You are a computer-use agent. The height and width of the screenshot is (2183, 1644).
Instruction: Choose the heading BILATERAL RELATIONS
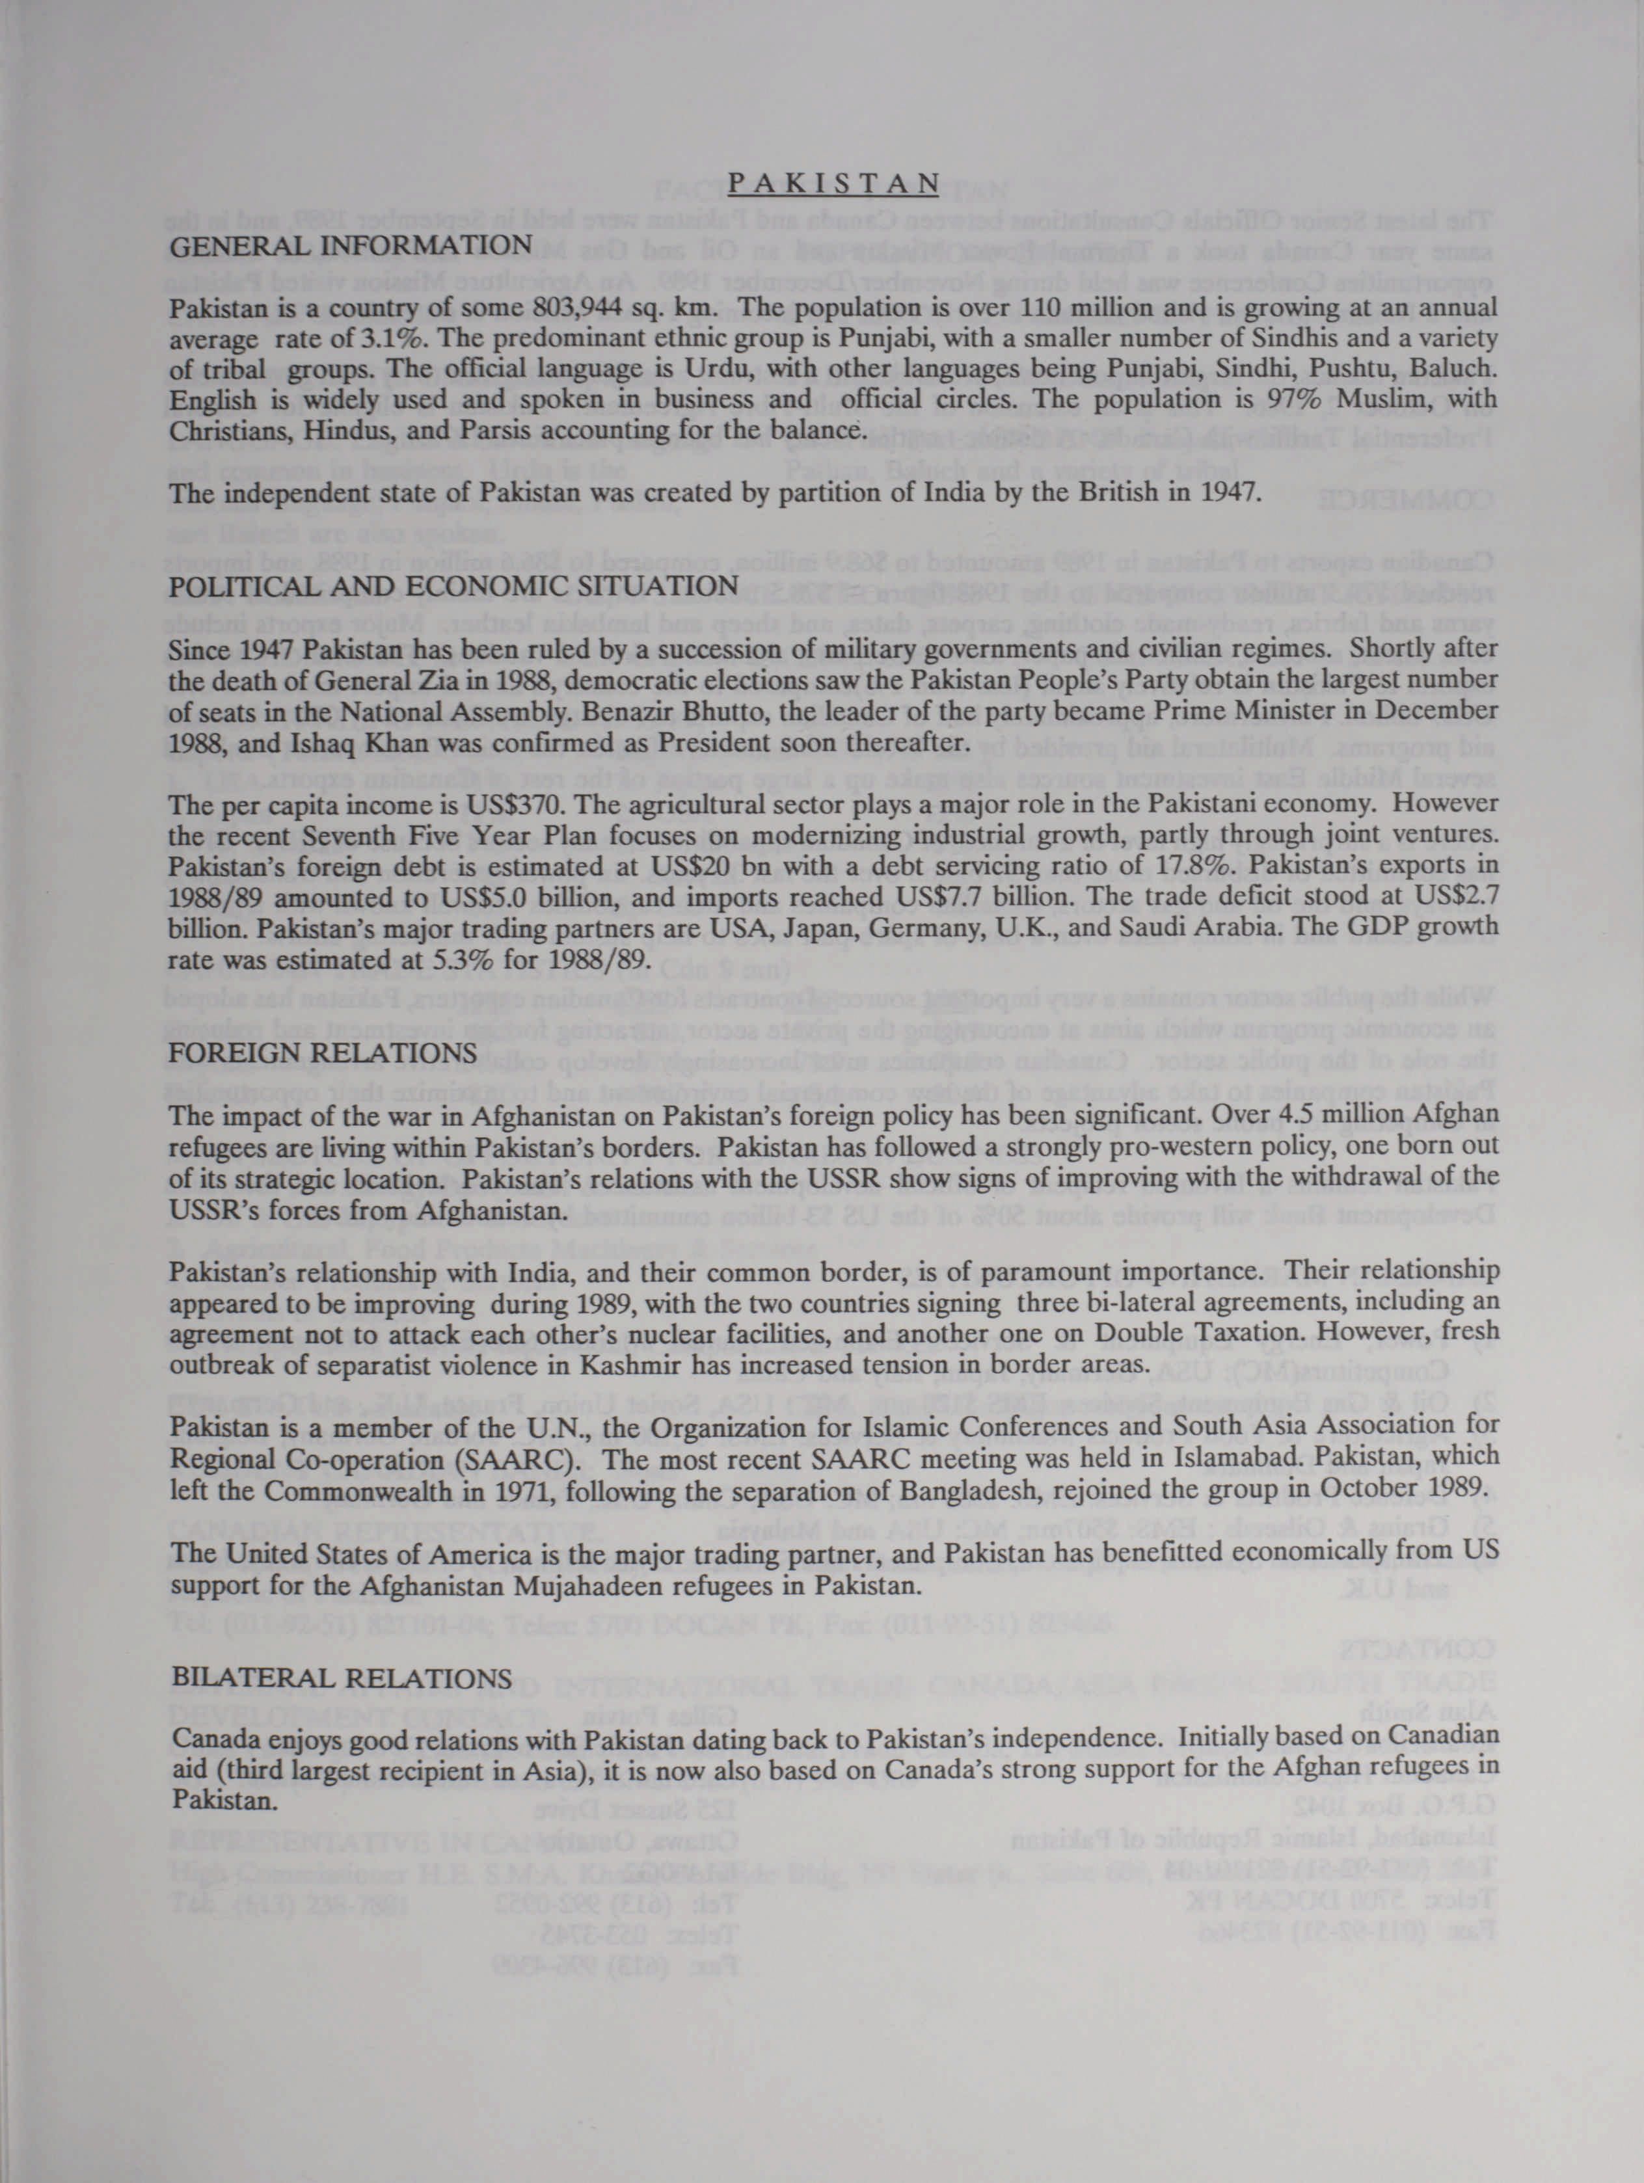pyautogui.click(x=342, y=1678)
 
